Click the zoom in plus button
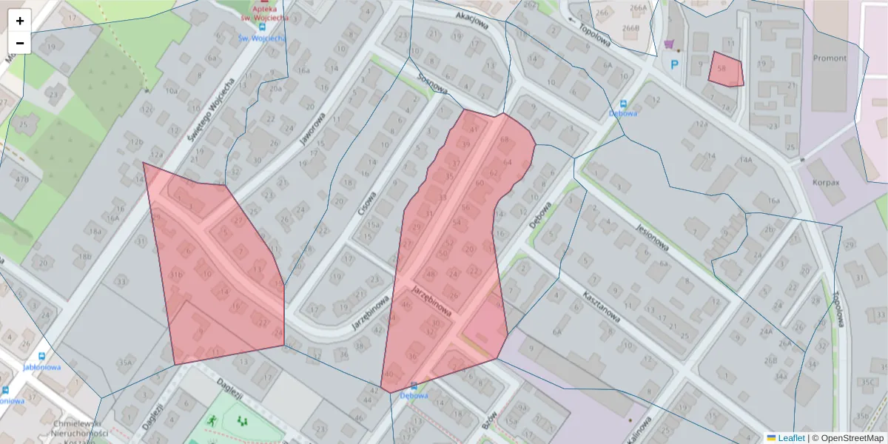click(20, 21)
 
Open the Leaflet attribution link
click(791, 438)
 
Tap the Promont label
click(830, 58)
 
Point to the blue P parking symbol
click(674, 65)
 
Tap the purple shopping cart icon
click(670, 44)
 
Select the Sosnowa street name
click(433, 84)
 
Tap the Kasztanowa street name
click(600, 305)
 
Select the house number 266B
click(630, 28)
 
